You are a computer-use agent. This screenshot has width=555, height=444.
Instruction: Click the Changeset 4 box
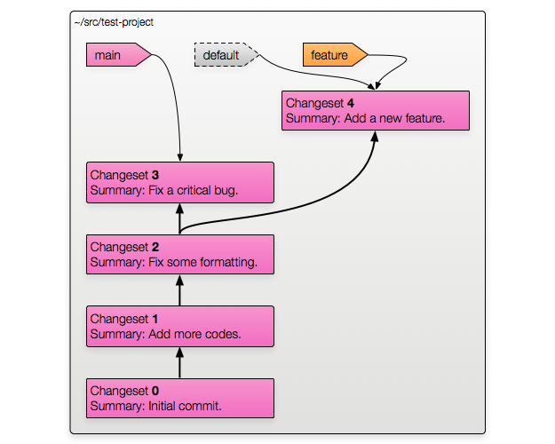point(376,110)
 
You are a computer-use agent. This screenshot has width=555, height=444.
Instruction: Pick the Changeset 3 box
point(180,182)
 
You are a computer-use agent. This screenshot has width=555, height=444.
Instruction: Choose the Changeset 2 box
point(180,254)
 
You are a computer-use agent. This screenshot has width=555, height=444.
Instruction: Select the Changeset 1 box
point(180,326)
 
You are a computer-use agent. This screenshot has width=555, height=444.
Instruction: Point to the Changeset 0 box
point(180,398)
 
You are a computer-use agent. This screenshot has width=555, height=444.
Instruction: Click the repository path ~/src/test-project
point(114,22)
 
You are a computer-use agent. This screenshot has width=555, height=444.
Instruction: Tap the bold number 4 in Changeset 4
point(351,103)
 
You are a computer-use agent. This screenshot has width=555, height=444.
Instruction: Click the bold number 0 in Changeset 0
point(155,391)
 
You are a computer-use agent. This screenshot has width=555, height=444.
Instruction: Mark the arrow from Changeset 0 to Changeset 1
point(179,362)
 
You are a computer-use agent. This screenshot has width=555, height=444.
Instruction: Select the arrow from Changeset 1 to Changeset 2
point(179,290)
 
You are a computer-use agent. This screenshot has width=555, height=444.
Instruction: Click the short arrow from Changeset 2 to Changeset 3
point(179,218)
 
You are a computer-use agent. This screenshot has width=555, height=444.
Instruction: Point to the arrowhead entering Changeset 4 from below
point(375,137)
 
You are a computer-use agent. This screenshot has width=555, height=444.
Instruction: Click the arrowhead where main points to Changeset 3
point(180,158)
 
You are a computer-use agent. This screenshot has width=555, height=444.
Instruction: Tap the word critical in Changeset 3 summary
point(194,190)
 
